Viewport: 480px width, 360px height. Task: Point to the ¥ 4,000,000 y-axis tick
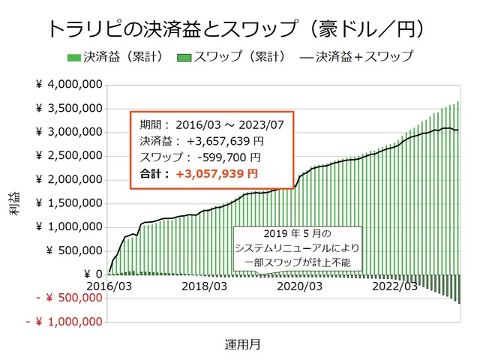[69, 85]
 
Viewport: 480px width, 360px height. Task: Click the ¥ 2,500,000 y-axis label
[69, 156]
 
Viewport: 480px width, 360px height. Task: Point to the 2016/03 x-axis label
[109, 286]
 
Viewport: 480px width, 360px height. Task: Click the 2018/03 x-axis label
[204, 286]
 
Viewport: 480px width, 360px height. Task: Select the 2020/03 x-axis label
[299, 286]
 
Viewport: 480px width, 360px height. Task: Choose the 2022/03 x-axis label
[394, 286]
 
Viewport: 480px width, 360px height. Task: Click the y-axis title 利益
[15, 204]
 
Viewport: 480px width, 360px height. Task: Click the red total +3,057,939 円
[217, 173]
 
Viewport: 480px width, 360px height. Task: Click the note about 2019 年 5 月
[297, 247]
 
